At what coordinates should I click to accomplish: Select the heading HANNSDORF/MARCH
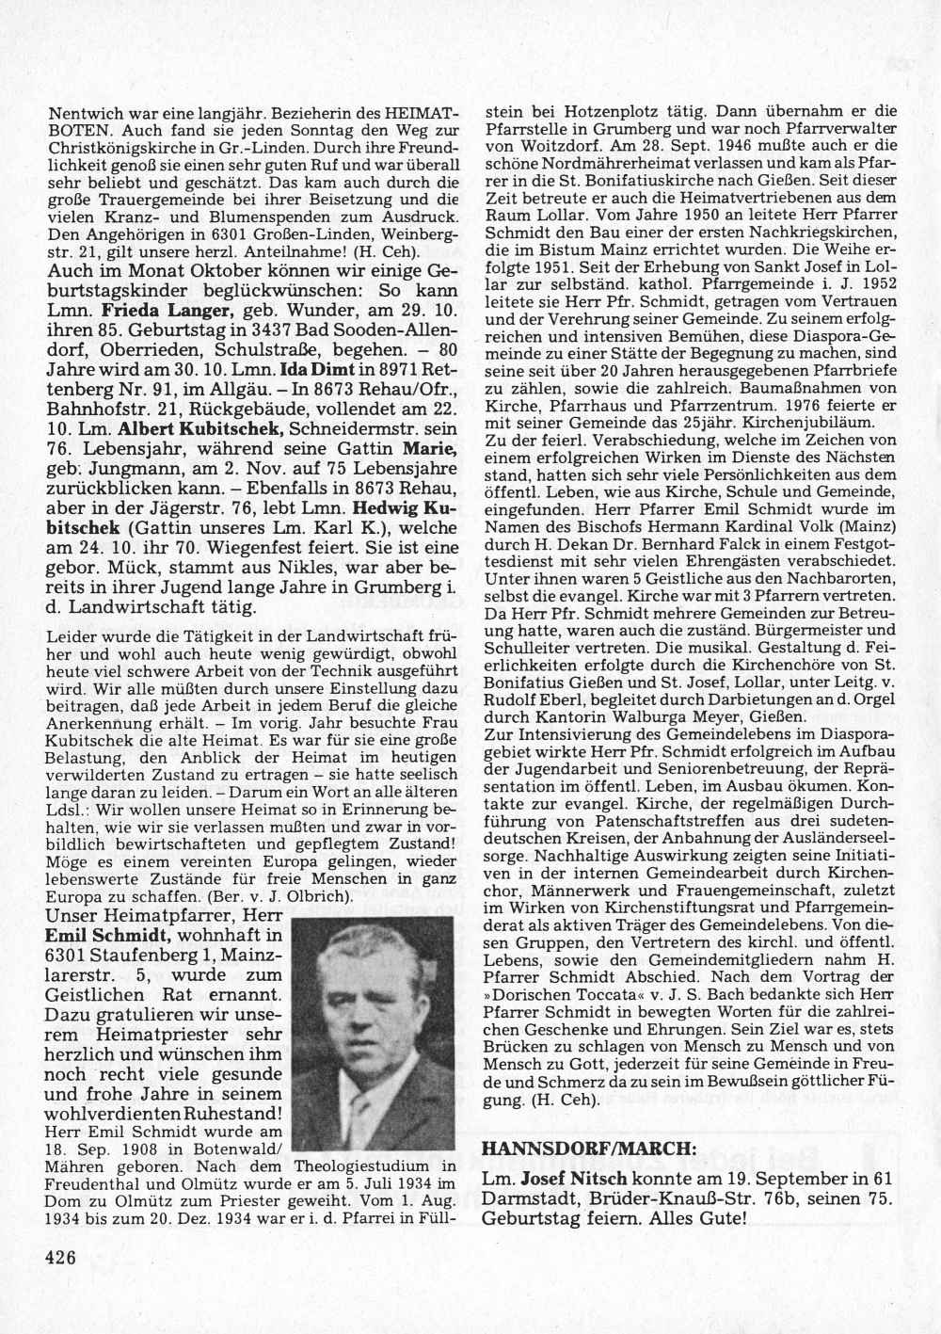point(589,1149)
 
